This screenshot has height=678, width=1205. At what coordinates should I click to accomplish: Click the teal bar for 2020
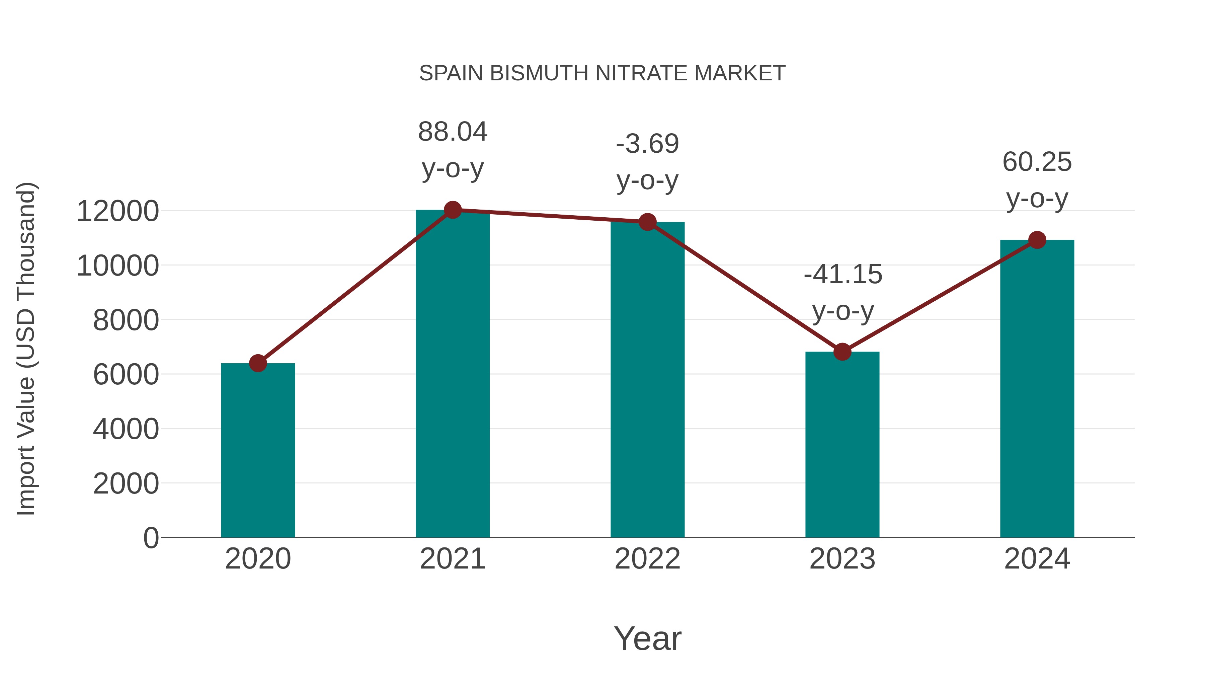click(x=258, y=450)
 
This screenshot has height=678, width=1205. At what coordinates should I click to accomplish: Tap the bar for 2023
click(x=842, y=445)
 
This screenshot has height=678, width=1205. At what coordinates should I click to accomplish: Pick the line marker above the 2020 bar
click(x=258, y=363)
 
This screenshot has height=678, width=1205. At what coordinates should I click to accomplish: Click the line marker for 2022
click(x=647, y=222)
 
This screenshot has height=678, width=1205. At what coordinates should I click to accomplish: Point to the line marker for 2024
click(x=1037, y=240)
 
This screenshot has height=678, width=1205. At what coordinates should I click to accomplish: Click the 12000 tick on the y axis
click(x=117, y=211)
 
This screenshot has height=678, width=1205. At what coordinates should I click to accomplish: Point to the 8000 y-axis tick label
click(x=126, y=320)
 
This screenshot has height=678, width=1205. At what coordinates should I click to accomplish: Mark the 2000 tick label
click(x=126, y=483)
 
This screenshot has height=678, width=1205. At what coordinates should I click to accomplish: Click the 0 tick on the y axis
click(x=151, y=538)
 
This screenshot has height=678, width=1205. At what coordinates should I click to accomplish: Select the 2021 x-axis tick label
click(x=452, y=559)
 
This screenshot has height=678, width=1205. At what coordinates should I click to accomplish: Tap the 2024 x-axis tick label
click(x=1037, y=559)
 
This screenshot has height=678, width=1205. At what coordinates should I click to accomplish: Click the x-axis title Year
click(x=647, y=638)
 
